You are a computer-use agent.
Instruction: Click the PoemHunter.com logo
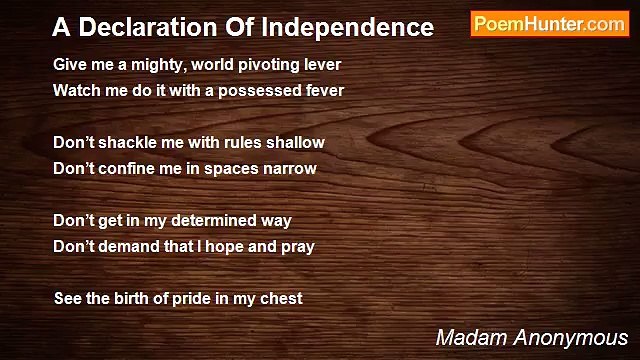tap(549, 25)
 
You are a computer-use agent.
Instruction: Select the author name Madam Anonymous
tap(531, 337)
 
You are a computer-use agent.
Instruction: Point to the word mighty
tap(149, 64)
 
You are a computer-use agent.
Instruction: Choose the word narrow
tap(290, 168)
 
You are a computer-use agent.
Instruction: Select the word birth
tap(131, 298)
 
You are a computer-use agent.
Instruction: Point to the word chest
tap(281, 298)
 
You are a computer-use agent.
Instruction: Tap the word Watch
tap(77, 90)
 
